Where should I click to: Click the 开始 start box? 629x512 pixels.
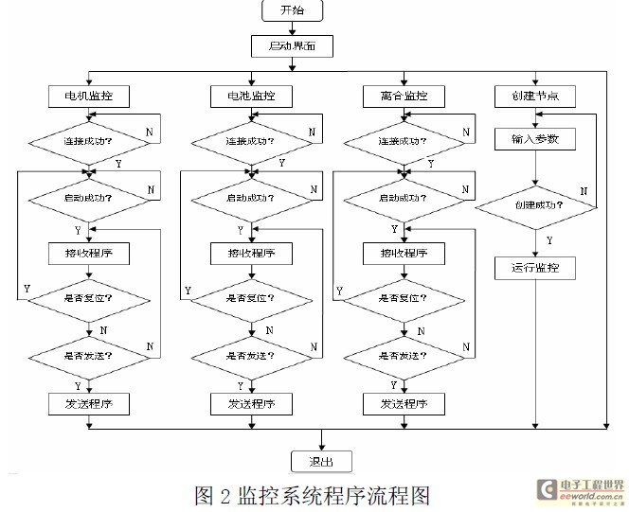[x=294, y=11]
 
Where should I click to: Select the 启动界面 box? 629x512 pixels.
[x=294, y=44]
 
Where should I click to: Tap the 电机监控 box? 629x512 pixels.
[x=88, y=96]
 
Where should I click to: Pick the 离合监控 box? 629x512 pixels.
[x=402, y=96]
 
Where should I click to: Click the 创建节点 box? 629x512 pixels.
[x=535, y=96]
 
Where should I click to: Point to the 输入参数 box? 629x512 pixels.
[x=535, y=139]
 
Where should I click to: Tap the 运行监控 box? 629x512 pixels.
[x=535, y=268]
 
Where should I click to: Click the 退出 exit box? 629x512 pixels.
[x=323, y=461]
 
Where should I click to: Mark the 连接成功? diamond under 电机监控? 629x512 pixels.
[x=88, y=141]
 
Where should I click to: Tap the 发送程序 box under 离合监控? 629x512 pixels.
[x=402, y=404]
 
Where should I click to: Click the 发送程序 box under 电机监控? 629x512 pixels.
[x=88, y=404]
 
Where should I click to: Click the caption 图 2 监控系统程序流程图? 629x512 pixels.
[x=313, y=495]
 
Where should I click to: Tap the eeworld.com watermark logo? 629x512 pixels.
[x=579, y=490]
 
